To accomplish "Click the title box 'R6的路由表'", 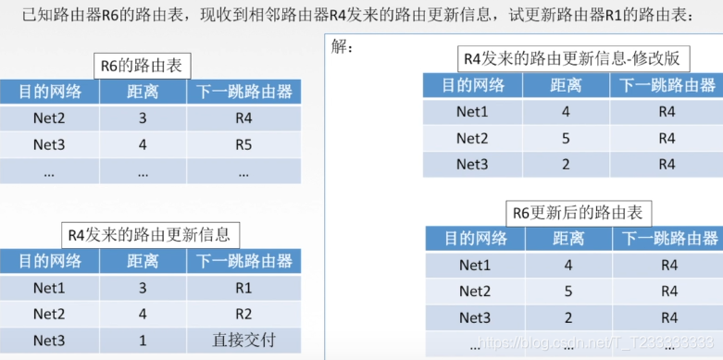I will click(142, 67).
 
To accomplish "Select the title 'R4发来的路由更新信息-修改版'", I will click(572, 58).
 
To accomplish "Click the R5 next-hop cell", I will click(243, 145).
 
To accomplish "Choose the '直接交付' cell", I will click(243, 340).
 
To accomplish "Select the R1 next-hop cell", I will click(243, 288).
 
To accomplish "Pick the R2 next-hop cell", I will click(243, 314).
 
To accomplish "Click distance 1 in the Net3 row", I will click(143, 340).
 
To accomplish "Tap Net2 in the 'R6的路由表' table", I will click(49, 119).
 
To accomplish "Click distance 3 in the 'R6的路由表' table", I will click(143, 119).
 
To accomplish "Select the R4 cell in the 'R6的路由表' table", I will click(243, 119).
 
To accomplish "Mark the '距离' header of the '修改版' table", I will click(566, 86).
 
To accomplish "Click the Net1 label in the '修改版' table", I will click(473, 112).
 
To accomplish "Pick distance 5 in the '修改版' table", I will click(566, 138).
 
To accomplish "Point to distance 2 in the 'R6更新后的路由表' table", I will click(568, 318).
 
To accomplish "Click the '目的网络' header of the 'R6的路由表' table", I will click(49, 93).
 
